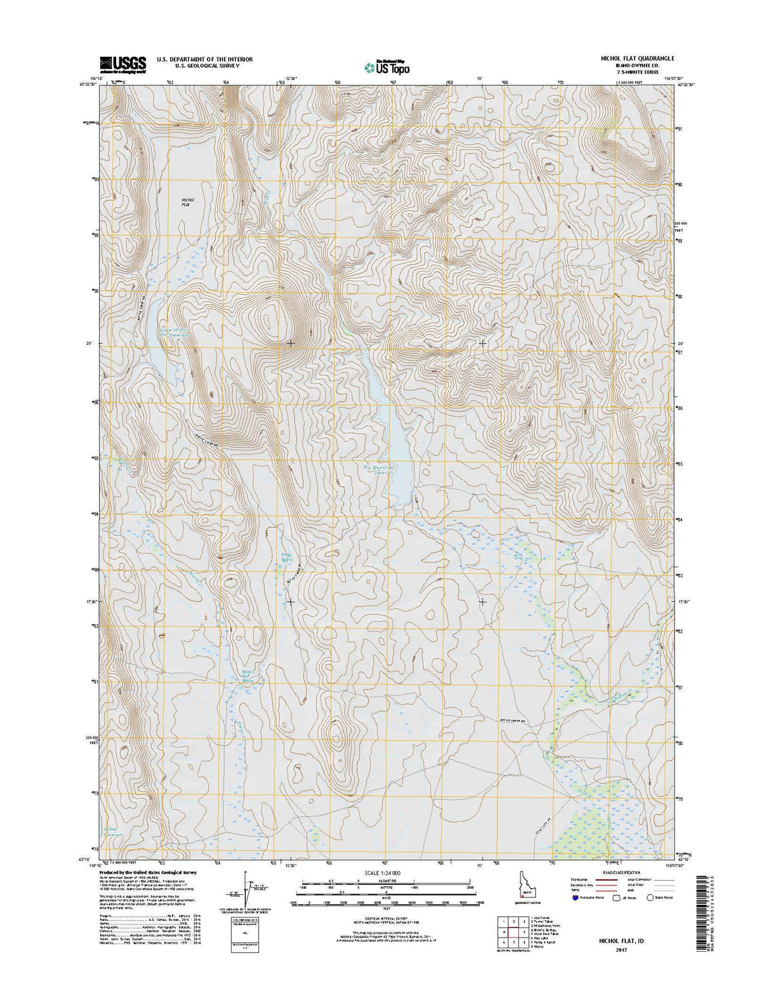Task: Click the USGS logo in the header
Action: tap(123, 63)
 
